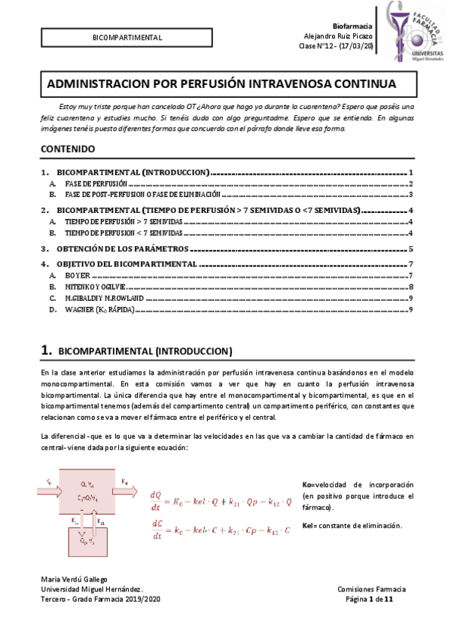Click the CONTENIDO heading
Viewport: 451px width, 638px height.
[68, 149]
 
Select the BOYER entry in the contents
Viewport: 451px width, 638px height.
[78, 276]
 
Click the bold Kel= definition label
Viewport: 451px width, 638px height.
[309, 525]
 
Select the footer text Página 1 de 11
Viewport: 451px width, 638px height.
[368, 599]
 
